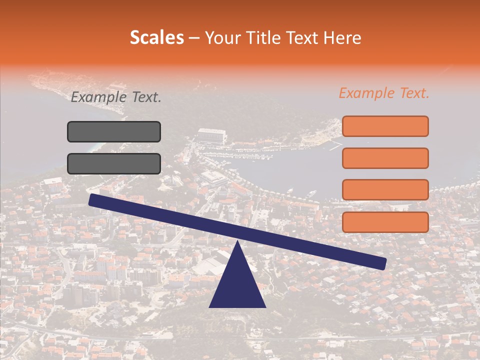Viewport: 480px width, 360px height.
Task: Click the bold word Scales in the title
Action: pyautogui.click(x=156, y=37)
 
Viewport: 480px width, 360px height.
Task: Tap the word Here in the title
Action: pyautogui.click(x=342, y=37)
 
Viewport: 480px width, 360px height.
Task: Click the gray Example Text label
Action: pyautogui.click(x=116, y=97)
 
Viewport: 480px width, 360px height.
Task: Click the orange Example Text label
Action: pyautogui.click(x=384, y=93)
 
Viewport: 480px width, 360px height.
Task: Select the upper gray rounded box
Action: pyautogui.click(x=114, y=131)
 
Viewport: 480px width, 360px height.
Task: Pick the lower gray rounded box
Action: pyautogui.click(x=114, y=163)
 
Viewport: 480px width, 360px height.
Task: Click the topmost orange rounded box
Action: pyautogui.click(x=385, y=126)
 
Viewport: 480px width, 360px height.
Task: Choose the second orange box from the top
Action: pyautogui.click(x=385, y=158)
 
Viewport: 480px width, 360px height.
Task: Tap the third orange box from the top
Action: pyautogui.click(x=385, y=190)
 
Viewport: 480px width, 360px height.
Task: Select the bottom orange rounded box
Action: pyautogui.click(x=385, y=222)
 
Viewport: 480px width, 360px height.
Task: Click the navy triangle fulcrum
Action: pyautogui.click(x=237, y=285)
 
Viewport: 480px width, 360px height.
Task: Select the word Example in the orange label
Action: pyautogui.click(x=366, y=93)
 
